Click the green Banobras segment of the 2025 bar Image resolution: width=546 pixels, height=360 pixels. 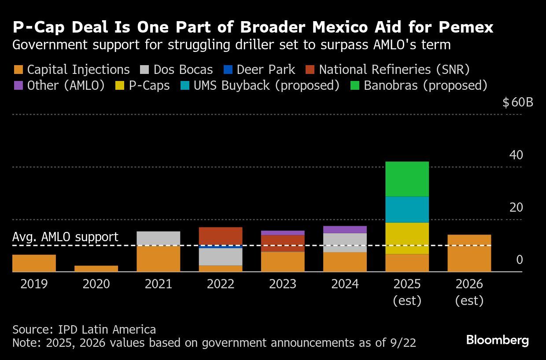407,179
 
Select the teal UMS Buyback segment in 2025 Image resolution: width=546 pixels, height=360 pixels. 407,209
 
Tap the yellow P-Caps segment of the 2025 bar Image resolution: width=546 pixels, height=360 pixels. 407,238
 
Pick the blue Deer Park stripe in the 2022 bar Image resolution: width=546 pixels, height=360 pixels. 221,247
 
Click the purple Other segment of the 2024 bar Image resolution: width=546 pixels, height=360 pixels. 345,229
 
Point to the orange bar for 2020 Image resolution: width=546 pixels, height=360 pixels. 96,268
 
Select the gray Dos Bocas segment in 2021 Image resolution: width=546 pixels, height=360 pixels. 159,238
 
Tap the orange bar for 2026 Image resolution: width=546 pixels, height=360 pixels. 469,253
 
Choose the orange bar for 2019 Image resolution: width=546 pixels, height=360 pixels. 34,263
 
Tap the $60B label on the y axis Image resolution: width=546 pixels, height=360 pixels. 518,103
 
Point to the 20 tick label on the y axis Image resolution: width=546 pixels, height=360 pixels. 516,207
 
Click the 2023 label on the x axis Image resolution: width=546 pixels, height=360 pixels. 283,284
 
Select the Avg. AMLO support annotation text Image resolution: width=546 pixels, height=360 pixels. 65,237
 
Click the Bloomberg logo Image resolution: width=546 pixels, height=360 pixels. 497,340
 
